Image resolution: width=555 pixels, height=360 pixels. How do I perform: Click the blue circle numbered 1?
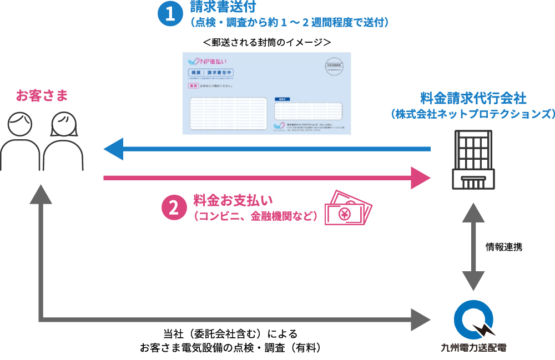coord(169,15)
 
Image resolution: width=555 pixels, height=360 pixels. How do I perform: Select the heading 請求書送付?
coord(215,8)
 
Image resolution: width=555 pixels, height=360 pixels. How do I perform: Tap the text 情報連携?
coord(504,247)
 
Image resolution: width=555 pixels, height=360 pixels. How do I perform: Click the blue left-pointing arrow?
coord(266,149)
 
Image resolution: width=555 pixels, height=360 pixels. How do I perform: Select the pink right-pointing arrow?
coord(266,178)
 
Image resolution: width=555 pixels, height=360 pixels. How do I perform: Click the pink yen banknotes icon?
coord(348,207)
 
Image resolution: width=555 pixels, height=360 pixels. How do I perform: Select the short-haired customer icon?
coord(21,141)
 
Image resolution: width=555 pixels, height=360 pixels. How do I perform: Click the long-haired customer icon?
coord(62,141)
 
